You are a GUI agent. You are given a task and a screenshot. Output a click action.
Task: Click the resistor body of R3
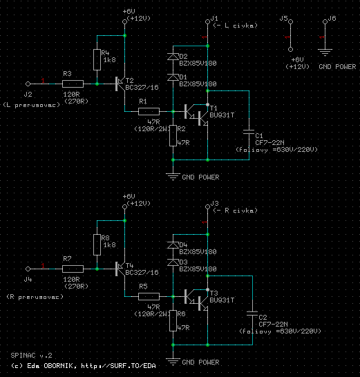[73, 84]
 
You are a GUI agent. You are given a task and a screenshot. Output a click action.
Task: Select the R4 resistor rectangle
[97, 59]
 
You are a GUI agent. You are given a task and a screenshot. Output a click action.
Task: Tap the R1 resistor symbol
[149, 112]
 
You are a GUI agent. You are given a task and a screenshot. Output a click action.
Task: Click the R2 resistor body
[173, 135]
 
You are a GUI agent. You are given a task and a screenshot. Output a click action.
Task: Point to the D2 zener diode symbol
[173, 57]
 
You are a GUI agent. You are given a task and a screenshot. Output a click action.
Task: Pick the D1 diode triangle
[173, 77]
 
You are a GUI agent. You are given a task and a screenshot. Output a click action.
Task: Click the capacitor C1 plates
[249, 132]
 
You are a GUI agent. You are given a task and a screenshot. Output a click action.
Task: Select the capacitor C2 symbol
[252, 313]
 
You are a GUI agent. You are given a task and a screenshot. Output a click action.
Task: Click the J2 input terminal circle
[28, 84]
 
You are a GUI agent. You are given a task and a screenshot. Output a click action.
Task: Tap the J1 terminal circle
[207, 21]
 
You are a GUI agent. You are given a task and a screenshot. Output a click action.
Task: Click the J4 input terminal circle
[28, 269]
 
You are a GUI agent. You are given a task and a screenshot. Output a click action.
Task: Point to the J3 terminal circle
[207, 206]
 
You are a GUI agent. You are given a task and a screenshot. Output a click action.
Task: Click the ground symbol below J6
[325, 52]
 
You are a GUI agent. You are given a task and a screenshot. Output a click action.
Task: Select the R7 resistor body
[73, 269]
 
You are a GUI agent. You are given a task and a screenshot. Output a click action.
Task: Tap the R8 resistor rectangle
[97, 244]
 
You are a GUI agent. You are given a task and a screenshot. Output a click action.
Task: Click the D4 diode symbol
[173, 245]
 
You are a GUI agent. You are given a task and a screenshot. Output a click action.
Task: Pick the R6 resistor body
[173, 321]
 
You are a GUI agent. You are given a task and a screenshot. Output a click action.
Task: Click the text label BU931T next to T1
[222, 115]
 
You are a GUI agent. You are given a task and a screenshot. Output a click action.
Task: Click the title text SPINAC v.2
[31, 356]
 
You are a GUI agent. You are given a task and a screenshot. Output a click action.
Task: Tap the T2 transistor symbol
[120, 84]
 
